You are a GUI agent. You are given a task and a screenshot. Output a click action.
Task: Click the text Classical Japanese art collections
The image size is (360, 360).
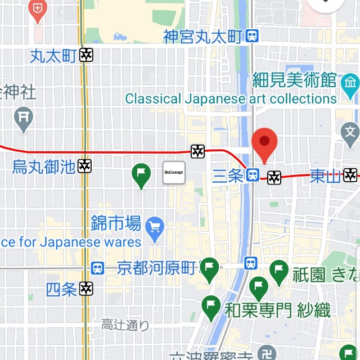231,99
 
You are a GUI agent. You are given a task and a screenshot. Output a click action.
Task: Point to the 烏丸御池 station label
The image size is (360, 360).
44,166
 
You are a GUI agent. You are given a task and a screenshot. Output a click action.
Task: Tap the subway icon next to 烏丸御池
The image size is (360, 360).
85,166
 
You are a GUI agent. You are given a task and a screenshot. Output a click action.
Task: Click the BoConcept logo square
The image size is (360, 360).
174,173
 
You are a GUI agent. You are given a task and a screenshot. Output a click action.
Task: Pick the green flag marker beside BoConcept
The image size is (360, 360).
141,175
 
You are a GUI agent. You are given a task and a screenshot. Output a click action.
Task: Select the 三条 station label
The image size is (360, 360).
228,176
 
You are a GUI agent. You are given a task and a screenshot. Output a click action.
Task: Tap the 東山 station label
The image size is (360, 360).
325,176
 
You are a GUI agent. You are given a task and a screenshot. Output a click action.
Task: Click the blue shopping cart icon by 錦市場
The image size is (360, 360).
154,227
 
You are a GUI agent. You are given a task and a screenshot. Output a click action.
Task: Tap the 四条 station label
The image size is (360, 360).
61,290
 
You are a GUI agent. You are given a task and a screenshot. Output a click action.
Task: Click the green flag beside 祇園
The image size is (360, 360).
279,272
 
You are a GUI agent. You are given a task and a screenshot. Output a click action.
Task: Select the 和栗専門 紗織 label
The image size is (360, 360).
277,310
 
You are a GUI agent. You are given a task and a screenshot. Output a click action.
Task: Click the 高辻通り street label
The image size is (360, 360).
125,325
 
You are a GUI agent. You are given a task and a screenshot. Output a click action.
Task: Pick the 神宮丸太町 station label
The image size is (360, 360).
203,37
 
